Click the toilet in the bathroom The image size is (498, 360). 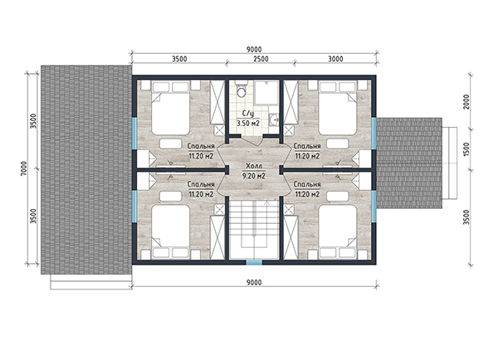pos(242,90)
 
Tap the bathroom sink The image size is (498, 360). pos(273,119)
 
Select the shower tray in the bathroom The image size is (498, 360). pos(267,93)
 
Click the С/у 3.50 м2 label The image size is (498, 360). pos(247,119)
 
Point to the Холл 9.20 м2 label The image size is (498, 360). pos(254,171)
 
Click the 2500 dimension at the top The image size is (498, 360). pos(261,59)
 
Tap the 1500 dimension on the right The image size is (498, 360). pos(466,148)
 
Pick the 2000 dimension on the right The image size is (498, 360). pos(466,102)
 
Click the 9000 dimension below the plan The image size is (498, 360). pos(254,282)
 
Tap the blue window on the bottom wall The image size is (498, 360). pos(255,262)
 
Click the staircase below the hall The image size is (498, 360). pos(255,230)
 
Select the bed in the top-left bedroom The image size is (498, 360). pos(170,109)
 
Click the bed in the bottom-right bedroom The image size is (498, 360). pos(338,231)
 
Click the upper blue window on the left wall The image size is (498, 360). pos(134,133)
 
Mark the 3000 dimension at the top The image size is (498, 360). pos(335,59)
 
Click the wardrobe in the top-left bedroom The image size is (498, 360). pos(217,102)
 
